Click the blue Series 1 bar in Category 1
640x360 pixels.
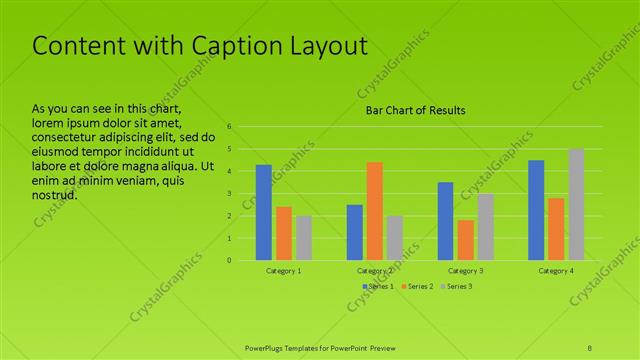264,212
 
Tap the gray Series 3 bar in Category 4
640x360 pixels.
576,204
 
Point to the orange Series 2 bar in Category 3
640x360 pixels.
466,240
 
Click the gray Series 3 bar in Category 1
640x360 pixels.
304,238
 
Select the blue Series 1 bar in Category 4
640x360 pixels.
536,210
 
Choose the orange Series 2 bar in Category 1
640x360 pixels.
284,233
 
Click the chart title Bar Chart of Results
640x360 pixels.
413,110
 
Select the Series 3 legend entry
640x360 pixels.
459,287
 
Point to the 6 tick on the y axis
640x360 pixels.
230,127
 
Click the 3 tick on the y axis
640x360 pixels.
230,194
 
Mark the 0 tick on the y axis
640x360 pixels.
230,260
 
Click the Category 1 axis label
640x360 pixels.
284,271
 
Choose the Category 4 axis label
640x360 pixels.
556,271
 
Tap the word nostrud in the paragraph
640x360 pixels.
54,194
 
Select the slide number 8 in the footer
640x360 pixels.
590,347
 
